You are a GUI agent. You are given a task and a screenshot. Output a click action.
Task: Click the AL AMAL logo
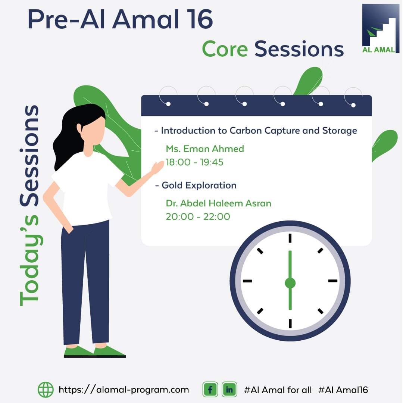tap(380, 28)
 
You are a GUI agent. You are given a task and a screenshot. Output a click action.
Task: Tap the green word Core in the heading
tap(225, 49)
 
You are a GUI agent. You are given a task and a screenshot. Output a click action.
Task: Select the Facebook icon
tap(210, 390)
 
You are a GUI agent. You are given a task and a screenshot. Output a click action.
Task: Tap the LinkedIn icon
tap(229, 390)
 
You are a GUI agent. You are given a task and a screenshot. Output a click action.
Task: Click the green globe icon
tap(46, 390)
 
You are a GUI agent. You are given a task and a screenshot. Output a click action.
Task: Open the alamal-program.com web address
tap(124, 390)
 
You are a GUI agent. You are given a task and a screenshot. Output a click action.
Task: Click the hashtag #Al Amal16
tap(343, 390)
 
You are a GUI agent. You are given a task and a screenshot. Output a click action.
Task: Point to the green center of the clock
tap(290, 283)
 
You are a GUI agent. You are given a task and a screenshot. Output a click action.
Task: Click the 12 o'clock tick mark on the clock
tap(290, 238)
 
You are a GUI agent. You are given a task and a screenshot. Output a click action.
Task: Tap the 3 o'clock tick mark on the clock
tap(333, 281)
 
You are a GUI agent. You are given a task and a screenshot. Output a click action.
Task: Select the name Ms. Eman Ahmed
tap(205, 149)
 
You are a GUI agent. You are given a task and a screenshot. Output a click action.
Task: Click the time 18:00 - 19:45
tap(194, 162)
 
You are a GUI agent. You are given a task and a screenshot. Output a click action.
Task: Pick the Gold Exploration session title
tap(199, 185)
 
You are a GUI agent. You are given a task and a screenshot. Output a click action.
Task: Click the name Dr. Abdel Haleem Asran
tap(218, 203)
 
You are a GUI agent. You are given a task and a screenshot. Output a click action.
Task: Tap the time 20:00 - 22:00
tap(198, 217)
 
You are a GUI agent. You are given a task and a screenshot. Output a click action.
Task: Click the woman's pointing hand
tap(157, 167)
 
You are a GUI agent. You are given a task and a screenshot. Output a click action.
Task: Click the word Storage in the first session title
tap(340, 131)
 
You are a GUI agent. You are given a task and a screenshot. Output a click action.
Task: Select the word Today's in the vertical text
tap(29, 260)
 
